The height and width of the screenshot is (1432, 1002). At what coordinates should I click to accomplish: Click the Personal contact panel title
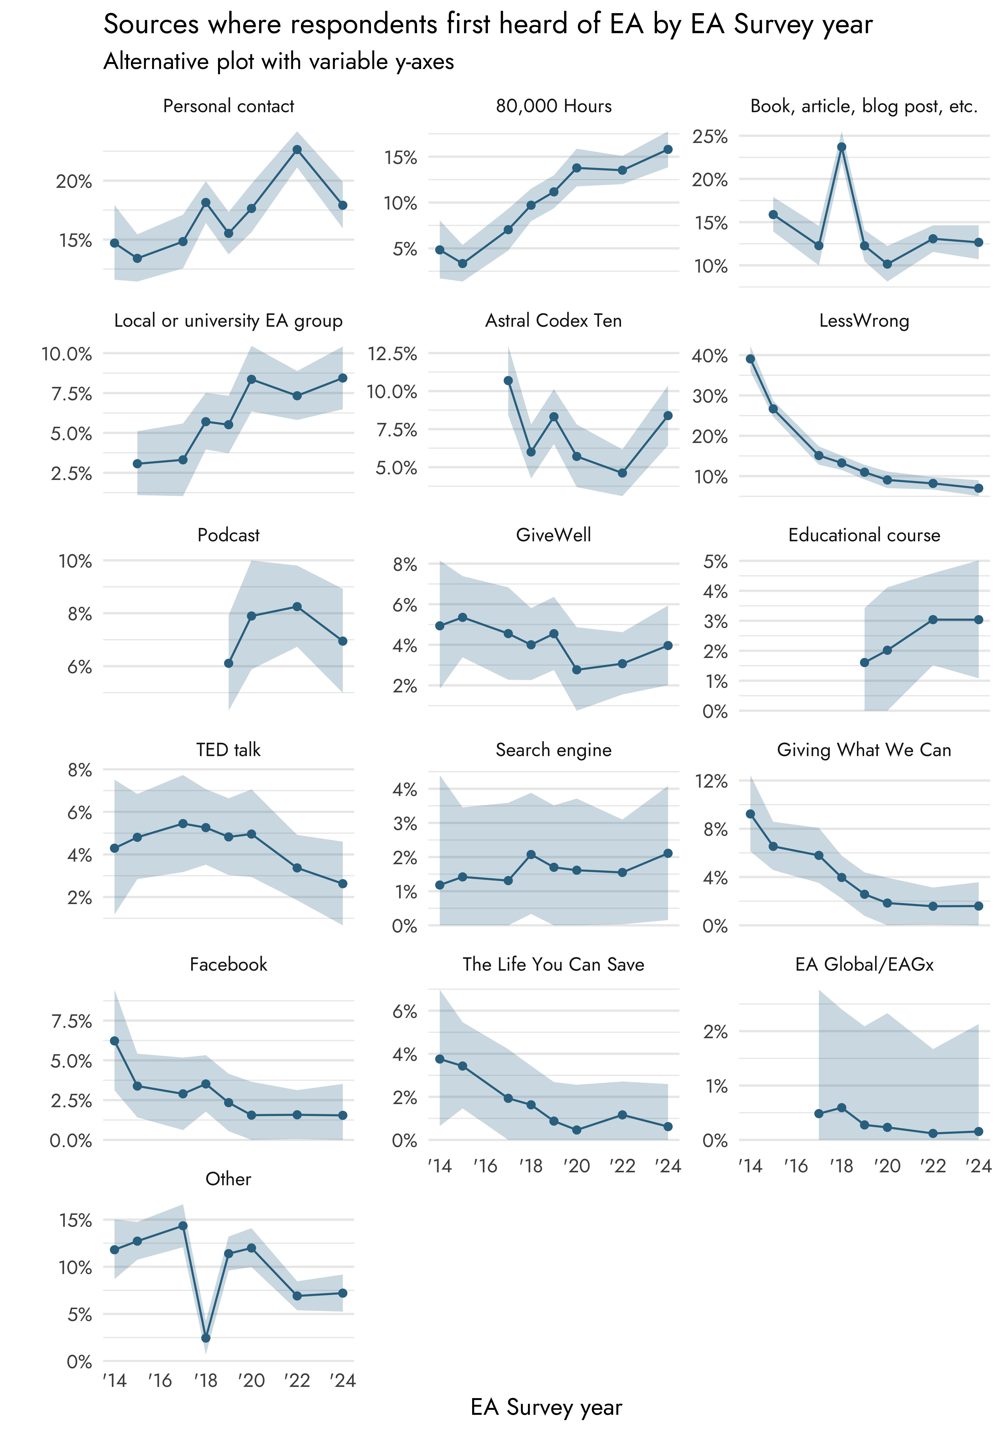(x=228, y=106)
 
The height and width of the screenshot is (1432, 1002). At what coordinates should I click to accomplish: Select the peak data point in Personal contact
(x=297, y=150)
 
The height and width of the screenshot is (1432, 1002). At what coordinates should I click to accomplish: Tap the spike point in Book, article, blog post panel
(x=841, y=147)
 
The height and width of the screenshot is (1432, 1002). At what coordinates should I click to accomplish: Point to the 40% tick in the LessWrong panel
(x=710, y=356)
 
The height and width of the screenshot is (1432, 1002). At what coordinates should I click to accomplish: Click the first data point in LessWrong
(x=750, y=359)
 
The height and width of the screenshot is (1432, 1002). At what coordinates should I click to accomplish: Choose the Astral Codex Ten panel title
(x=553, y=321)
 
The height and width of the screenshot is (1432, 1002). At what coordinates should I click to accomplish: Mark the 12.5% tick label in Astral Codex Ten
(x=392, y=354)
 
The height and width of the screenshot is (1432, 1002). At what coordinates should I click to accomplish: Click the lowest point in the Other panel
(x=206, y=1338)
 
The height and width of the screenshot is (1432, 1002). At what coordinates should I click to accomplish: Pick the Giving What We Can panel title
(x=864, y=750)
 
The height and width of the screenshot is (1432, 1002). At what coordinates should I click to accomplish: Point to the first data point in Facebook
(x=115, y=1041)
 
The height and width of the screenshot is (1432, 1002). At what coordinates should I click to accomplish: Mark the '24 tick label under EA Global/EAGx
(x=978, y=1166)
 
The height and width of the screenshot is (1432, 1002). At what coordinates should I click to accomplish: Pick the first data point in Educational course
(x=864, y=662)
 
